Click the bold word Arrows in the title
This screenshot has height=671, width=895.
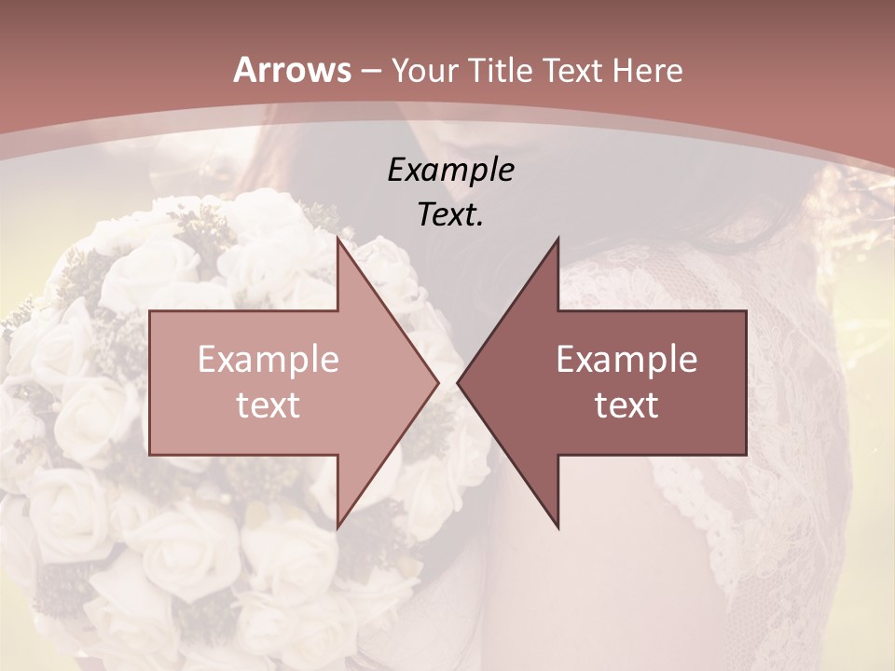tap(292, 70)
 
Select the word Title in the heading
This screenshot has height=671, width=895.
tap(501, 71)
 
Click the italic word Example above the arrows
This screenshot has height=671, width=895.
tap(450, 170)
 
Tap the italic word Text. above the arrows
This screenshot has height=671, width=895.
tap(450, 215)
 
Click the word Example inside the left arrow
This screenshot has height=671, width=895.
tap(268, 360)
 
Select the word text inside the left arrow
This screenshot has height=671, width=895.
tap(268, 405)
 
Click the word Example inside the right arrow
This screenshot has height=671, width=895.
tap(626, 360)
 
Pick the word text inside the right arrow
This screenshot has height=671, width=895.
tap(626, 405)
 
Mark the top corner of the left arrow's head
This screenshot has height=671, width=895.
tap(337, 238)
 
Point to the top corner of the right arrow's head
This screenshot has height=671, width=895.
tap(558, 238)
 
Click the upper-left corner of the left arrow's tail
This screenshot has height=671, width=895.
tap(150, 311)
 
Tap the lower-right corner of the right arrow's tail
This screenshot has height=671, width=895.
tap(746, 455)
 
